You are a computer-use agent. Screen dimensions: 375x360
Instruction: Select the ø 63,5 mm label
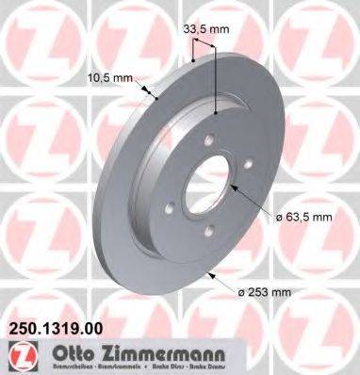coord(305,218)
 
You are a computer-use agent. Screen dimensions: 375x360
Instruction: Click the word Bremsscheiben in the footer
coord(65,367)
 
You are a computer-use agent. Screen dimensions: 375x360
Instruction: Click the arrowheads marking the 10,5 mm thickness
coord(152,91)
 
